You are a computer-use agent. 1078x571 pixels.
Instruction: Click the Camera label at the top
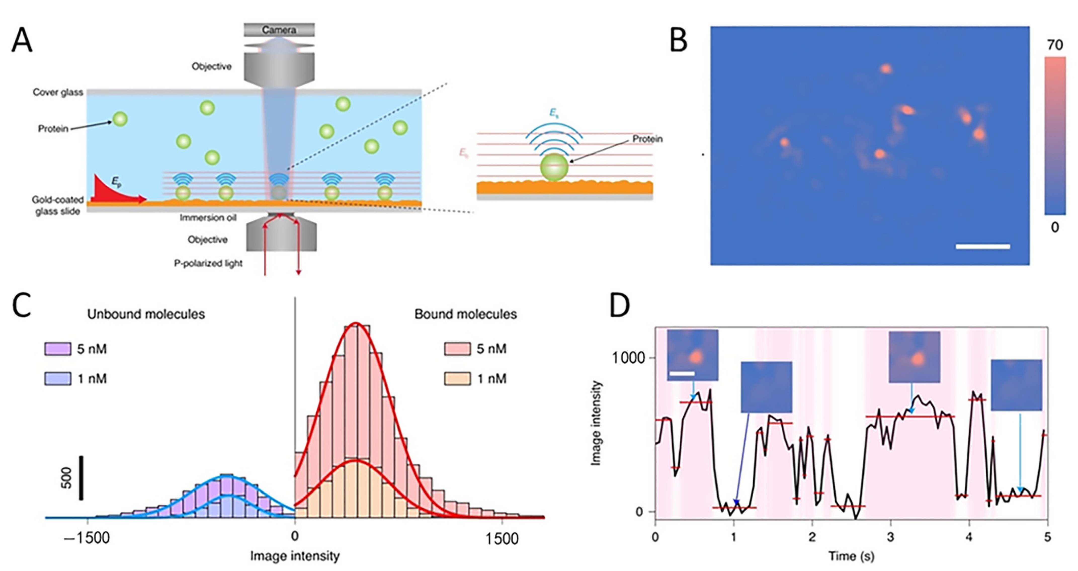click(x=279, y=30)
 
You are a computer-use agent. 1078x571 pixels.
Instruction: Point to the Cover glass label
click(x=58, y=93)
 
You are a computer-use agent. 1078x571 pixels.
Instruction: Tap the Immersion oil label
click(x=208, y=218)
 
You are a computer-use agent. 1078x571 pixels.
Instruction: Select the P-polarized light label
click(x=208, y=263)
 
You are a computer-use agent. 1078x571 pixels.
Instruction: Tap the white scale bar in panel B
click(x=983, y=247)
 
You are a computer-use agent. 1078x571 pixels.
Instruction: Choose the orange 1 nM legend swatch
click(x=457, y=379)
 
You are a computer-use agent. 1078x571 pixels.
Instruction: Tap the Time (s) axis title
click(x=851, y=556)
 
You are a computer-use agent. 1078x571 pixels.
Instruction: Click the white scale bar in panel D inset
click(x=682, y=373)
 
